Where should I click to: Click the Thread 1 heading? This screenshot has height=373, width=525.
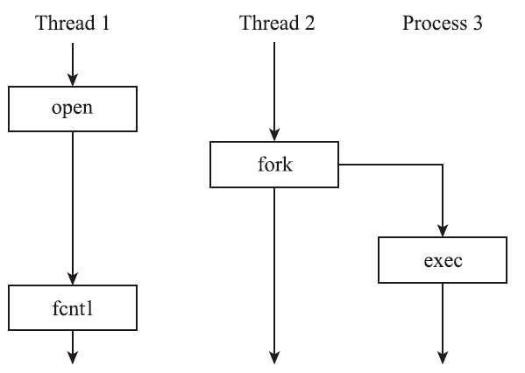pyautogui.click(x=72, y=23)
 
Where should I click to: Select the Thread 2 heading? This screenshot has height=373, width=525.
pyautogui.click(x=277, y=23)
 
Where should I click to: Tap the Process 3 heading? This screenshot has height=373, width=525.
pyautogui.click(x=443, y=23)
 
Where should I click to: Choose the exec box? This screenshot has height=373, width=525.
pyautogui.click(x=441, y=260)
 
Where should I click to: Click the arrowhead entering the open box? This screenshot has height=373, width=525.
pyautogui.click(x=72, y=80)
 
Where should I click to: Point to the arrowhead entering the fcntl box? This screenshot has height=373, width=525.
pyautogui.click(x=72, y=278)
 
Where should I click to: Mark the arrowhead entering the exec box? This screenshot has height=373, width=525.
pyautogui.click(x=441, y=232)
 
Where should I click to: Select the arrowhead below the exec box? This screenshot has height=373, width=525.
pyautogui.click(x=441, y=355)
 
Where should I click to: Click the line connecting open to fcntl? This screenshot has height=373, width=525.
pyautogui.click(x=72, y=201)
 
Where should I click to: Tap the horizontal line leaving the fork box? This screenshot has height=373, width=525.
pyautogui.click(x=390, y=164)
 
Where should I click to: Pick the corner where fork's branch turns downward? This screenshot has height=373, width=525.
pyautogui.click(x=441, y=164)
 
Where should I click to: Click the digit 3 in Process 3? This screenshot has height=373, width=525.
pyautogui.click(x=477, y=23)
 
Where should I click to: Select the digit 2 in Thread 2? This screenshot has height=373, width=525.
pyautogui.click(x=309, y=23)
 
